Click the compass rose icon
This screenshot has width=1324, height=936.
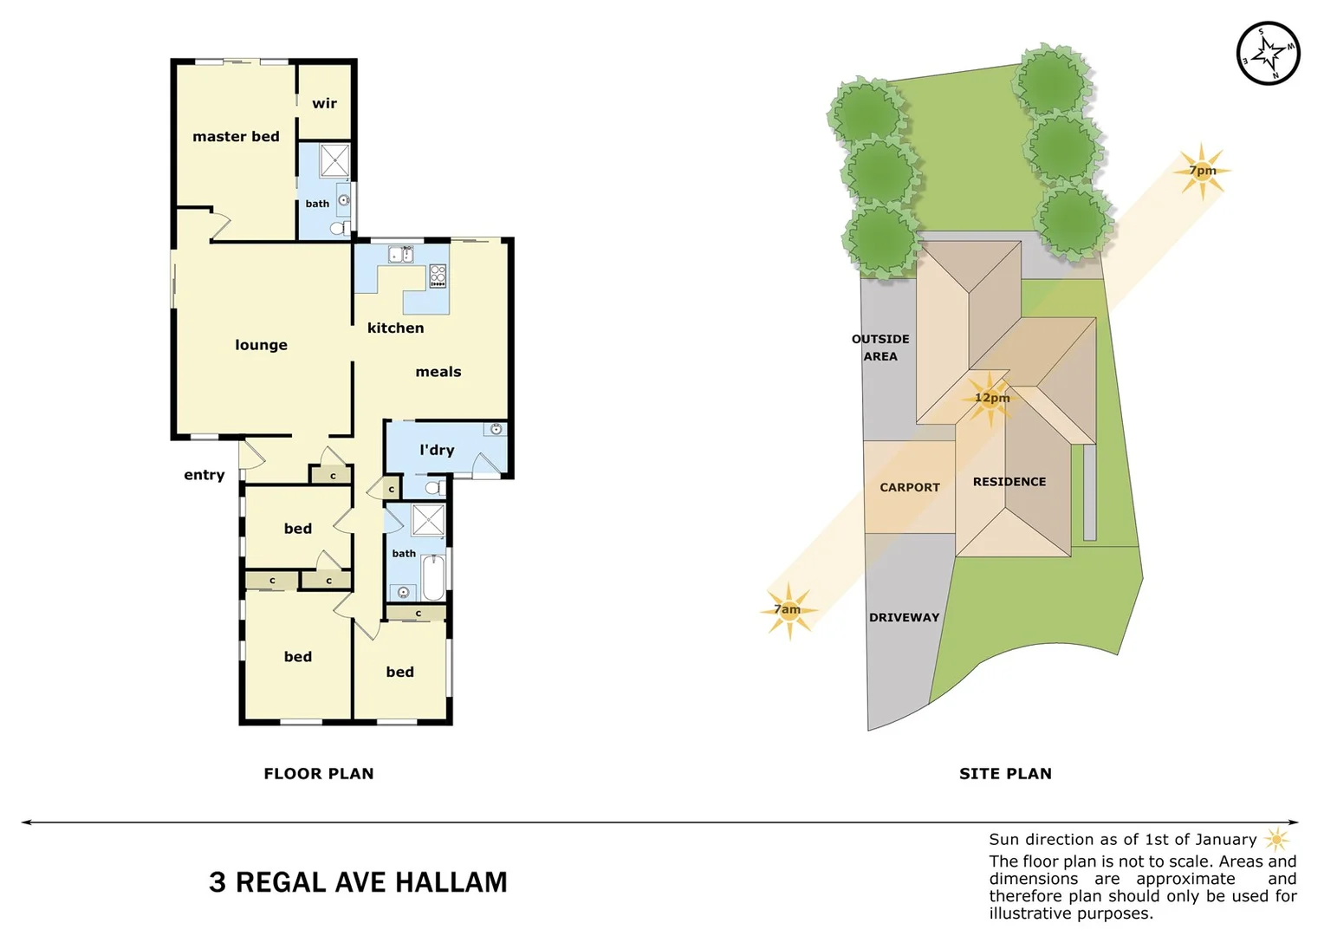[x=1268, y=54]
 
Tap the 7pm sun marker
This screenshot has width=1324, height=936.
[x=1202, y=171]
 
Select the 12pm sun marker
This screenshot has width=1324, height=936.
[x=990, y=399]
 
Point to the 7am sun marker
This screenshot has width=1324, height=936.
[x=788, y=610]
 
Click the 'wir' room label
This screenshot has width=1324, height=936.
[x=324, y=103]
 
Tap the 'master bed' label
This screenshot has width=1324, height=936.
[x=236, y=136]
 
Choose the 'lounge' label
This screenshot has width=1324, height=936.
[x=261, y=345]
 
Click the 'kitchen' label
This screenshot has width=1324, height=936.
[x=395, y=328]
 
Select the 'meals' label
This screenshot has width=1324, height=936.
[x=438, y=372]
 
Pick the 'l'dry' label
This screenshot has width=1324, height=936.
[x=437, y=450]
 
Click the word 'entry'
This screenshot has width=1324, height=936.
[x=204, y=475]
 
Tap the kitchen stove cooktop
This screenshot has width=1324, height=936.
[x=438, y=276]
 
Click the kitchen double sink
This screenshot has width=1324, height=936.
[x=400, y=255]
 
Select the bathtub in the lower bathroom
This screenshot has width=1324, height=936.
[x=433, y=577]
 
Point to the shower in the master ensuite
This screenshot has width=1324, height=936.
[x=334, y=161]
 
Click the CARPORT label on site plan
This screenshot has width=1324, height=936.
[x=909, y=487]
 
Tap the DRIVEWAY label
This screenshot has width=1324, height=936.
[x=904, y=617]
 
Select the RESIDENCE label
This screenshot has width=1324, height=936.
[x=1009, y=482]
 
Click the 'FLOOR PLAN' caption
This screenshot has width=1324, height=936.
[x=319, y=773]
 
